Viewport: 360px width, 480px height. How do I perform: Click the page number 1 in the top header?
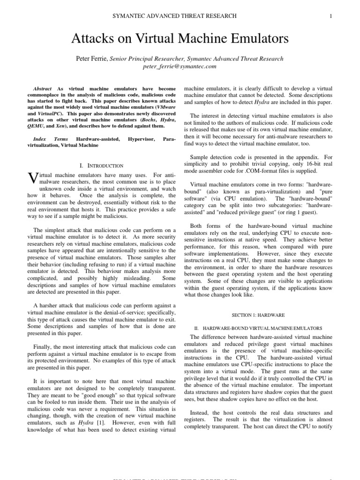coord(331,16)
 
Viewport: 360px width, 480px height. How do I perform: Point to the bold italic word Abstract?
coord(43,88)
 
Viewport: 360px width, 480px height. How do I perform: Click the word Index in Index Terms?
coord(40,139)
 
